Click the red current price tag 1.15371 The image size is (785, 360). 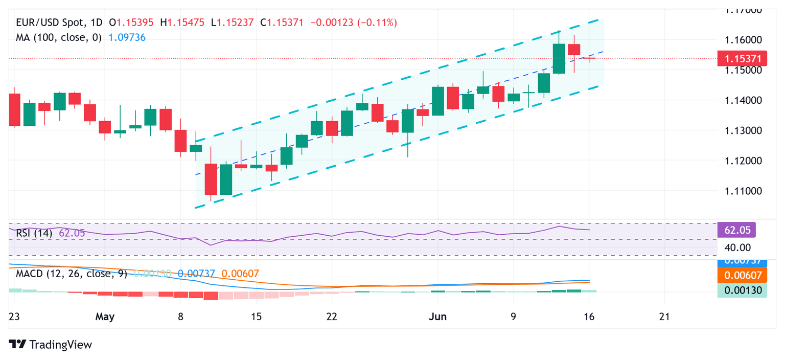[x=742, y=58]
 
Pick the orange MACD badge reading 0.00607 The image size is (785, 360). [x=742, y=276]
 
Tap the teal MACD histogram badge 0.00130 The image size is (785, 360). [x=742, y=290]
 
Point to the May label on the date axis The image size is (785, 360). [x=105, y=317]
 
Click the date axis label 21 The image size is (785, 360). [x=664, y=317]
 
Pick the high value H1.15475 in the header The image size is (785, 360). [x=186, y=22]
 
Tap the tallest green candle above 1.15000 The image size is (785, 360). [x=559, y=59]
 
